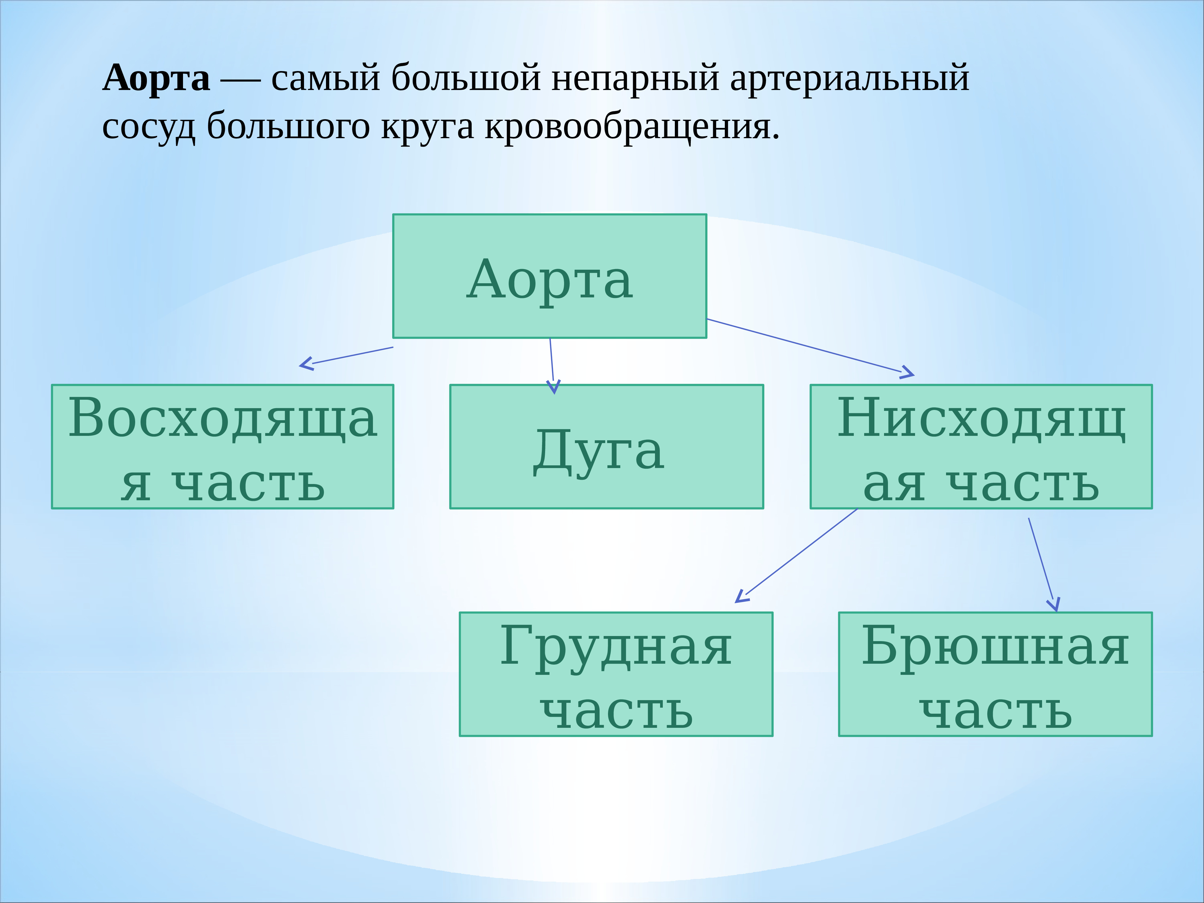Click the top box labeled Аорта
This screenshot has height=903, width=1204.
[550, 276]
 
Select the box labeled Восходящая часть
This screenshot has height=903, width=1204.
[223, 447]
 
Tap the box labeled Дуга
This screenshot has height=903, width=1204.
[606, 447]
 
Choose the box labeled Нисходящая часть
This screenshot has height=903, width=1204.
[981, 447]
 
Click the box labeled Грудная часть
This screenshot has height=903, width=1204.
[616, 675]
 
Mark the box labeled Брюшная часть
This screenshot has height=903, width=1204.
[995, 675]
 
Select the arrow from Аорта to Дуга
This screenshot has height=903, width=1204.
[552, 366]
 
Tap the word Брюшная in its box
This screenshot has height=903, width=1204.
[995, 647]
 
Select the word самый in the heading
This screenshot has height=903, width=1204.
[325, 78]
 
